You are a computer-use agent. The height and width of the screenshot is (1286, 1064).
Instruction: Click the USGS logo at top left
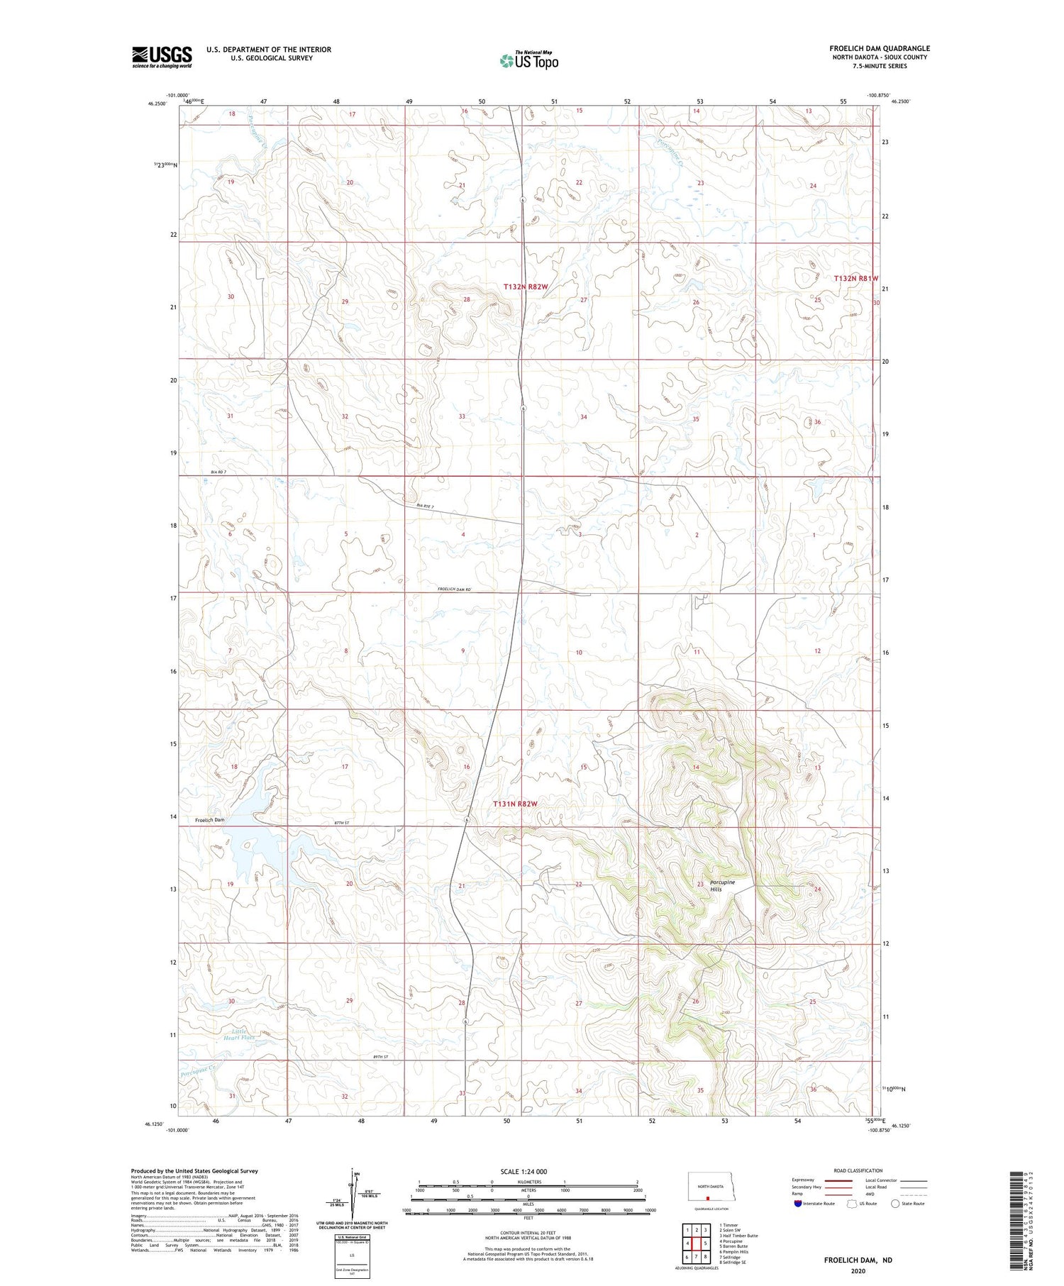[x=161, y=57]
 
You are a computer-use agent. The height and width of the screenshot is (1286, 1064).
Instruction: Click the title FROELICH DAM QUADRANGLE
[x=880, y=48]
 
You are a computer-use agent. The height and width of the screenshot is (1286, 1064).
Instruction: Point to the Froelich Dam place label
[x=209, y=820]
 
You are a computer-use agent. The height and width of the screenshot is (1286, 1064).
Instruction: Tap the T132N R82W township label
[x=526, y=287]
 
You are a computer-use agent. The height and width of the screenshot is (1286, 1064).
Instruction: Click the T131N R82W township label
[x=515, y=804]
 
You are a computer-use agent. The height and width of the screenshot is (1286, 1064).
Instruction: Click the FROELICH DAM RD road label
[x=454, y=589]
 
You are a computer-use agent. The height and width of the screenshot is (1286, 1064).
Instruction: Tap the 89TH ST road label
[x=382, y=1057]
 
